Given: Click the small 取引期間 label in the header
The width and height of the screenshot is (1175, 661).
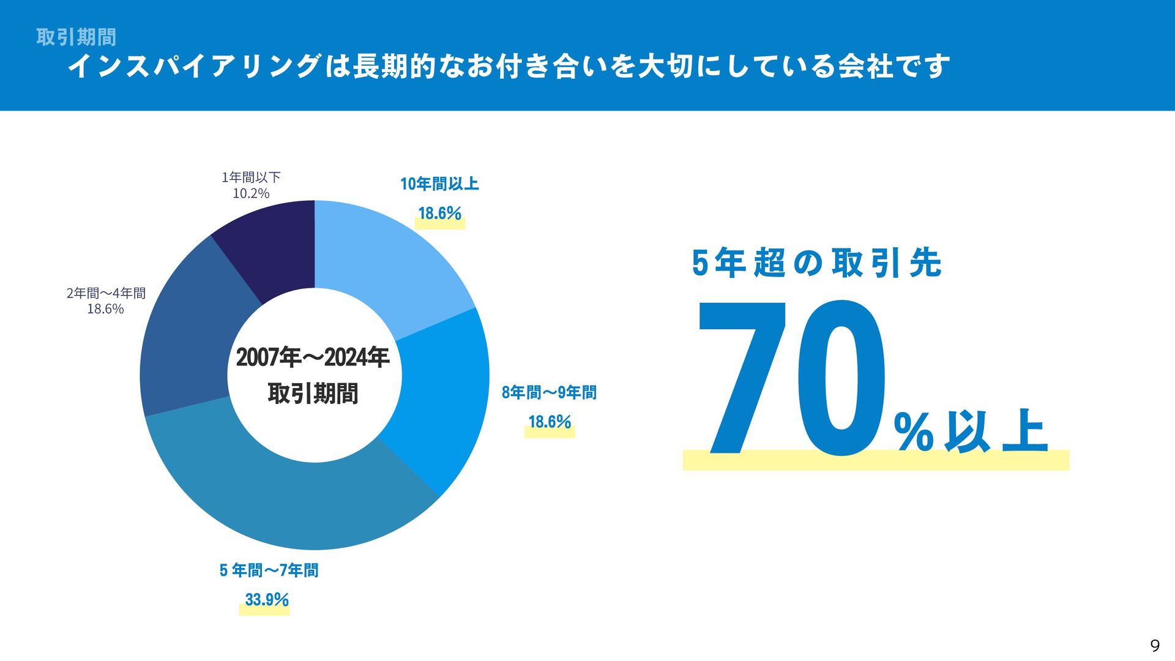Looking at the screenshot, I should (76, 37).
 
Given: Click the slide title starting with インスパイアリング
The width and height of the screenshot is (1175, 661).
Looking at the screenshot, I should (508, 66).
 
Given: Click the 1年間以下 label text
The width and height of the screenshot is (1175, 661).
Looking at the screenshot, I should (251, 177).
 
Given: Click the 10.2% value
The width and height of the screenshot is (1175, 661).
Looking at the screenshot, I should (251, 193).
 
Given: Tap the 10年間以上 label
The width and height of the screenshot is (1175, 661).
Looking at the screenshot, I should (439, 184).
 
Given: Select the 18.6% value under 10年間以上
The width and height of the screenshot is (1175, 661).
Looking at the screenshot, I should (439, 213).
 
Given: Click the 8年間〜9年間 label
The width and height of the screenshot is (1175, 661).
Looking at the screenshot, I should (549, 392).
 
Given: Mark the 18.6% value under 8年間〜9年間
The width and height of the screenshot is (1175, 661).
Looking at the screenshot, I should (550, 422).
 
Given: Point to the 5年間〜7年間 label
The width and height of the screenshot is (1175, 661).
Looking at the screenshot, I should (269, 570).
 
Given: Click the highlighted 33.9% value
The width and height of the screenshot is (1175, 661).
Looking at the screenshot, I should (266, 599).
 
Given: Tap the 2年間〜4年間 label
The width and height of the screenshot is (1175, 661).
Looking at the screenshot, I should (106, 293).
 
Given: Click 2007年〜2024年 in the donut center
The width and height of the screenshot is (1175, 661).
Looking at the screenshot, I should (313, 357).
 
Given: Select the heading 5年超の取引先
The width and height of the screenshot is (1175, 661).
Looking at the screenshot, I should (816, 263).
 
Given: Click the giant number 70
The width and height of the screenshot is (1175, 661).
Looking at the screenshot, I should (793, 379).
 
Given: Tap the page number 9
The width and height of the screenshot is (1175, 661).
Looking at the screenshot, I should (1155, 646).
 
